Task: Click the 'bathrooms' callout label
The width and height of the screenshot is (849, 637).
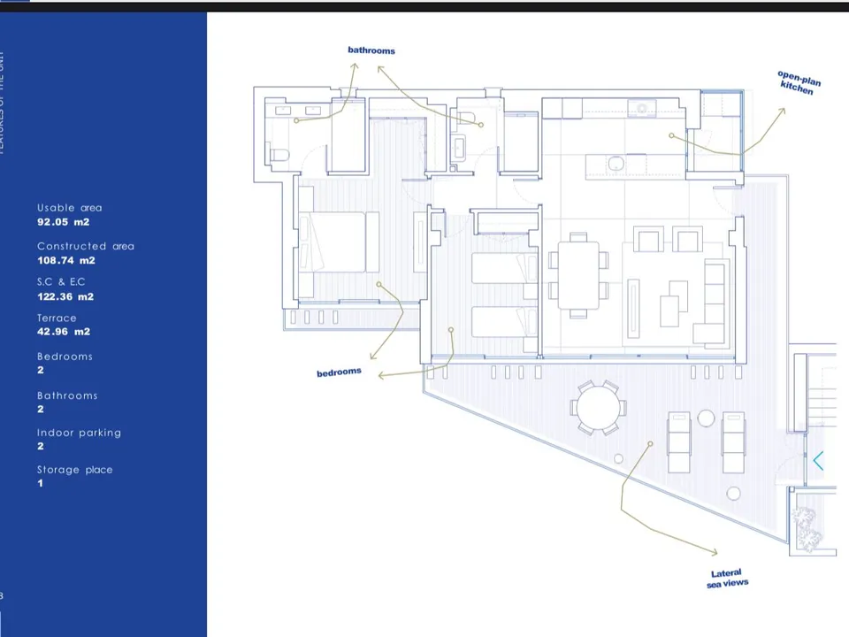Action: click(371, 50)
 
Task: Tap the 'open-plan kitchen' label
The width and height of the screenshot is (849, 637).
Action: click(799, 83)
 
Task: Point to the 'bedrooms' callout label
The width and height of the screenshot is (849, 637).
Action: click(339, 372)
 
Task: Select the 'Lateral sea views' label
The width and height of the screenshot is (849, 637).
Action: click(727, 579)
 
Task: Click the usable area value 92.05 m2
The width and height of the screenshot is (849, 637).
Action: click(63, 222)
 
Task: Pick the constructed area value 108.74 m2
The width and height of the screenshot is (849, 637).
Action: click(65, 261)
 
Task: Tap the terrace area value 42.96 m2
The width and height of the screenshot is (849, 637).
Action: click(63, 332)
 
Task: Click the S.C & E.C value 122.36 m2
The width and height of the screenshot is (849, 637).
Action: click(65, 296)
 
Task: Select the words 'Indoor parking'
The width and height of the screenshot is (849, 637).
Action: click(79, 433)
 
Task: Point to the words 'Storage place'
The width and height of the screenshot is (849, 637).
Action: click(74, 470)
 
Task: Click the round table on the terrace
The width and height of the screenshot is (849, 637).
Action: click(598, 409)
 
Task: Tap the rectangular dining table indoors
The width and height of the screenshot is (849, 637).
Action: click(578, 275)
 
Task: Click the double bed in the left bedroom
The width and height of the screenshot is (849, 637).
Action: click(333, 242)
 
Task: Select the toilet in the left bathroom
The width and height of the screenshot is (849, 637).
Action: click(279, 157)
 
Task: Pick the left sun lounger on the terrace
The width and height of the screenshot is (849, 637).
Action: click(679, 441)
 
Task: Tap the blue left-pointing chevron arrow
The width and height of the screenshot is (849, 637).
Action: click(818, 460)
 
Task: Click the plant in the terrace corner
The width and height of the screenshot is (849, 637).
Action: click(806, 527)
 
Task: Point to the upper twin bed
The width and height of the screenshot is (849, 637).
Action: click(503, 268)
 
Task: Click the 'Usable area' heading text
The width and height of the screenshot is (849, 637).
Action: click(69, 208)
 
